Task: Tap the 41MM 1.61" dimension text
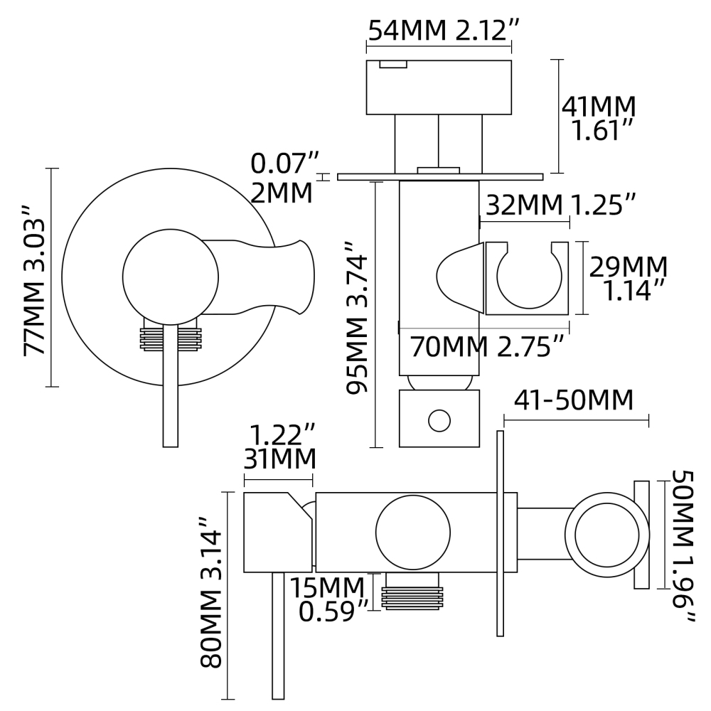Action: pos(598,118)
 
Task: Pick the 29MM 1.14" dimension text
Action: pos(628,278)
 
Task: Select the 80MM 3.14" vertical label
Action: pos(212,594)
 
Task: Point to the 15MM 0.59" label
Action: pos(331,599)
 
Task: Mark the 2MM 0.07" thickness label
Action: pos(284,178)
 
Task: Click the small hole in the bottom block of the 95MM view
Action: pos(439,420)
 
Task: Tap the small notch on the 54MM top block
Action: pos(393,65)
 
